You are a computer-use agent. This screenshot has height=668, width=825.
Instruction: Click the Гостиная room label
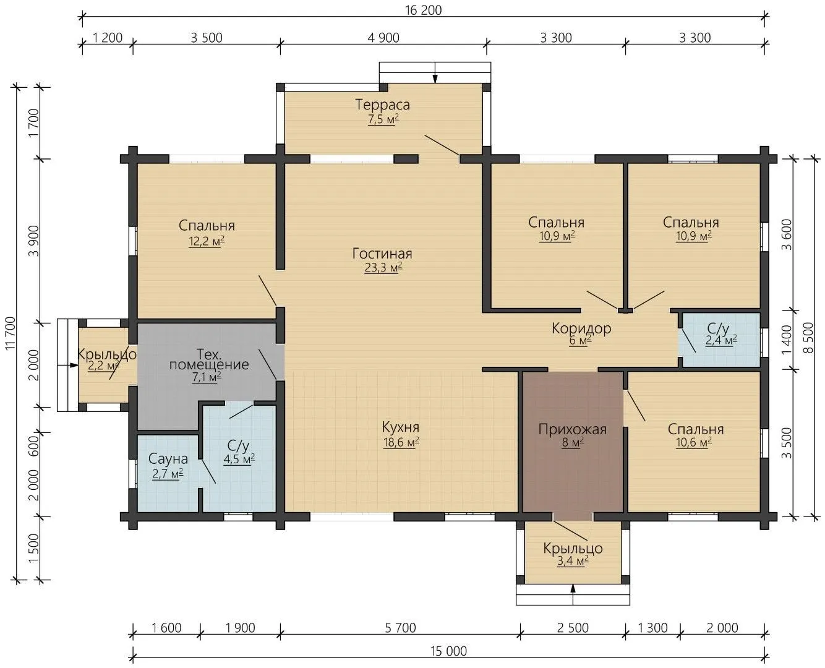pos(382,254)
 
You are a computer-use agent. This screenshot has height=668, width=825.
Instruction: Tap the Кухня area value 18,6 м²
pos(401,442)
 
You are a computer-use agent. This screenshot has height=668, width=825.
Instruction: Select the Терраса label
pos(382,105)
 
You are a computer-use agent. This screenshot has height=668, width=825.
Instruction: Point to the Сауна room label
pos(168,460)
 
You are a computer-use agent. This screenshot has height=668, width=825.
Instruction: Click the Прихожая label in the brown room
pos(573,429)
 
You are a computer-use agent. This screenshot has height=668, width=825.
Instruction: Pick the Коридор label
pos(581,328)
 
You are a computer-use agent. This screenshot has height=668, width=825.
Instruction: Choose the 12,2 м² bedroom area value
pos(207,242)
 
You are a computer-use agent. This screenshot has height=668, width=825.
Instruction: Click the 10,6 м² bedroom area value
pos(694,442)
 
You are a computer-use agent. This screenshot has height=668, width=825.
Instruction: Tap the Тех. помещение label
pos(209,359)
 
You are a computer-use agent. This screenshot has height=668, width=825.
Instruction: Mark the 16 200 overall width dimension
pos(424,10)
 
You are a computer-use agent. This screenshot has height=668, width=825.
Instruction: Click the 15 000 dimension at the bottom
pos(448,651)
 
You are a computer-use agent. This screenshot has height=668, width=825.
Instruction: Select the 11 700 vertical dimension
pos(11,333)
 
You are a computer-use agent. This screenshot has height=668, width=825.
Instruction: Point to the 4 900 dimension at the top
pos(383,38)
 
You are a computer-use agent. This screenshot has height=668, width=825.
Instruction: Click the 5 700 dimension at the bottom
pos(401,628)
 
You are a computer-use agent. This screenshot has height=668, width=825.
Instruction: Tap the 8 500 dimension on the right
pos(809,338)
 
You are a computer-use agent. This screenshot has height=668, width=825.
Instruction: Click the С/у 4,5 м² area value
pos(239,460)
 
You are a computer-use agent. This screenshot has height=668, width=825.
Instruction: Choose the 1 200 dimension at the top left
pos(108,38)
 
